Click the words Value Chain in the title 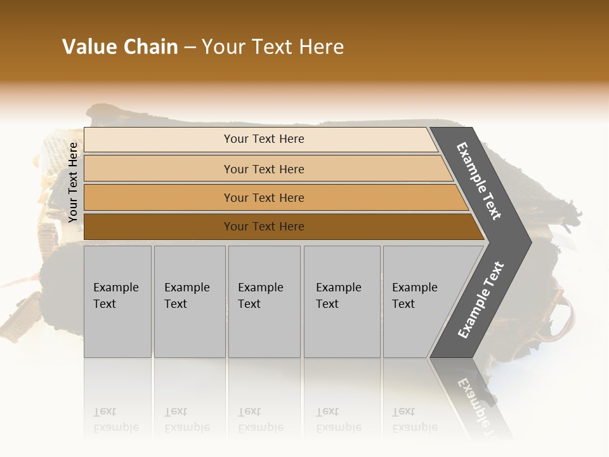[120, 47]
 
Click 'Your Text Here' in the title [273, 47]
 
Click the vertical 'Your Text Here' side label [73, 182]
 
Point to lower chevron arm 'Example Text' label [481, 300]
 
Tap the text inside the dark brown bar [264, 227]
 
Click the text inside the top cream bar [264, 139]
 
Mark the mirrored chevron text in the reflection [477, 406]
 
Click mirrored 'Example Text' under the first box [116, 420]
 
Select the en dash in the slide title [190, 48]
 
